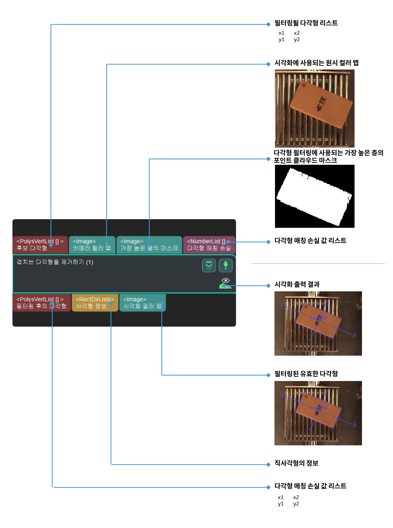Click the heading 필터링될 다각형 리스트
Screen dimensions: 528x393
(x=306, y=23)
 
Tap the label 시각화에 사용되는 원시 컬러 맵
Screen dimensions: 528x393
(x=316, y=63)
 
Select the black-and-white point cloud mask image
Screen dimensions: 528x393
(x=315, y=196)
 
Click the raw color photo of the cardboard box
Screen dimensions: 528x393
(x=315, y=108)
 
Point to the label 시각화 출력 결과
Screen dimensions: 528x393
(x=297, y=284)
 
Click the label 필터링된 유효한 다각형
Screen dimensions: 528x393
(x=306, y=374)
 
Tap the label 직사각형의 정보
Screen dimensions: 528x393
(x=296, y=463)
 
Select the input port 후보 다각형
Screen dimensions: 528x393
(x=40, y=245)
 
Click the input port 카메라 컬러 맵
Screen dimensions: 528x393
(x=92, y=245)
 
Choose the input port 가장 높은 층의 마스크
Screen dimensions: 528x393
(x=149, y=245)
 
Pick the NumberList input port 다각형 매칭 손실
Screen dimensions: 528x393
(x=209, y=245)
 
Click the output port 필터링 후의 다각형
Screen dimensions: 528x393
(x=41, y=302)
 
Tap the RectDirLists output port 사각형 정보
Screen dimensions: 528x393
(x=95, y=302)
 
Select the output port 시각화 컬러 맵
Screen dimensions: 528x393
(x=142, y=302)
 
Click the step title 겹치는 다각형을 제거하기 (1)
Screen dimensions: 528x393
(x=55, y=262)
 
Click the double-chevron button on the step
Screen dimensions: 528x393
(x=209, y=265)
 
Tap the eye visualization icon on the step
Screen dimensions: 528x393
(x=225, y=281)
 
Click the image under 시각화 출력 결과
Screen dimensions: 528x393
(x=318, y=323)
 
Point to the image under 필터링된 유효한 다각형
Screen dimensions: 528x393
(x=318, y=413)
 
